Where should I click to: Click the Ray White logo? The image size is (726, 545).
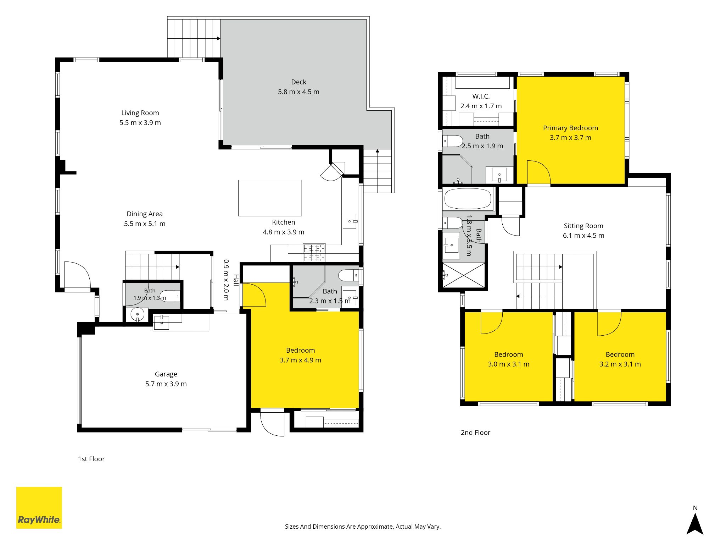(x=39, y=507)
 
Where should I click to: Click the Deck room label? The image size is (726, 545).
(x=298, y=82)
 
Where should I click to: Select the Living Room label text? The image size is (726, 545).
(x=140, y=113)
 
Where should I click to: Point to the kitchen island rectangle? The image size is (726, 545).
(x=270, y=198)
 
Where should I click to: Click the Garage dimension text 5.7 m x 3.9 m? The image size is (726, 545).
(x=166, y=384)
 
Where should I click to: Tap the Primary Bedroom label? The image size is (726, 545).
(x=570, y=128)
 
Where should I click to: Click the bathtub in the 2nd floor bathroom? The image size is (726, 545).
(x=468, y=199)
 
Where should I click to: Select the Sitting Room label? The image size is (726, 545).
(x=583, y=226)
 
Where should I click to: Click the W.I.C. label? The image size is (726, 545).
(x=481, y=97)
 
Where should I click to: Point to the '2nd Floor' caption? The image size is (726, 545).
(x=475, y=433)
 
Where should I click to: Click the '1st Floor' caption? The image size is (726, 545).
(x=91, y=459)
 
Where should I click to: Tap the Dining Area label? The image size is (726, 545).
(x=145, y=214)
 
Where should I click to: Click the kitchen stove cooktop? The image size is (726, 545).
(x=314, y=253)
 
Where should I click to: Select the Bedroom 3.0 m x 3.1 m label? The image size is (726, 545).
(x=509, y=359)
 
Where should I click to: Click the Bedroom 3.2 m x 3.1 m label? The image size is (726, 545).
(x=620, y=359)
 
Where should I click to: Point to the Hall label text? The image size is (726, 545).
(x=236, y=280)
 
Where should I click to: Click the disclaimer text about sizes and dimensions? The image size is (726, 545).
(x=363, y=527)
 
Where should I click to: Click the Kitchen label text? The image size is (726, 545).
(x=284, y=222)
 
